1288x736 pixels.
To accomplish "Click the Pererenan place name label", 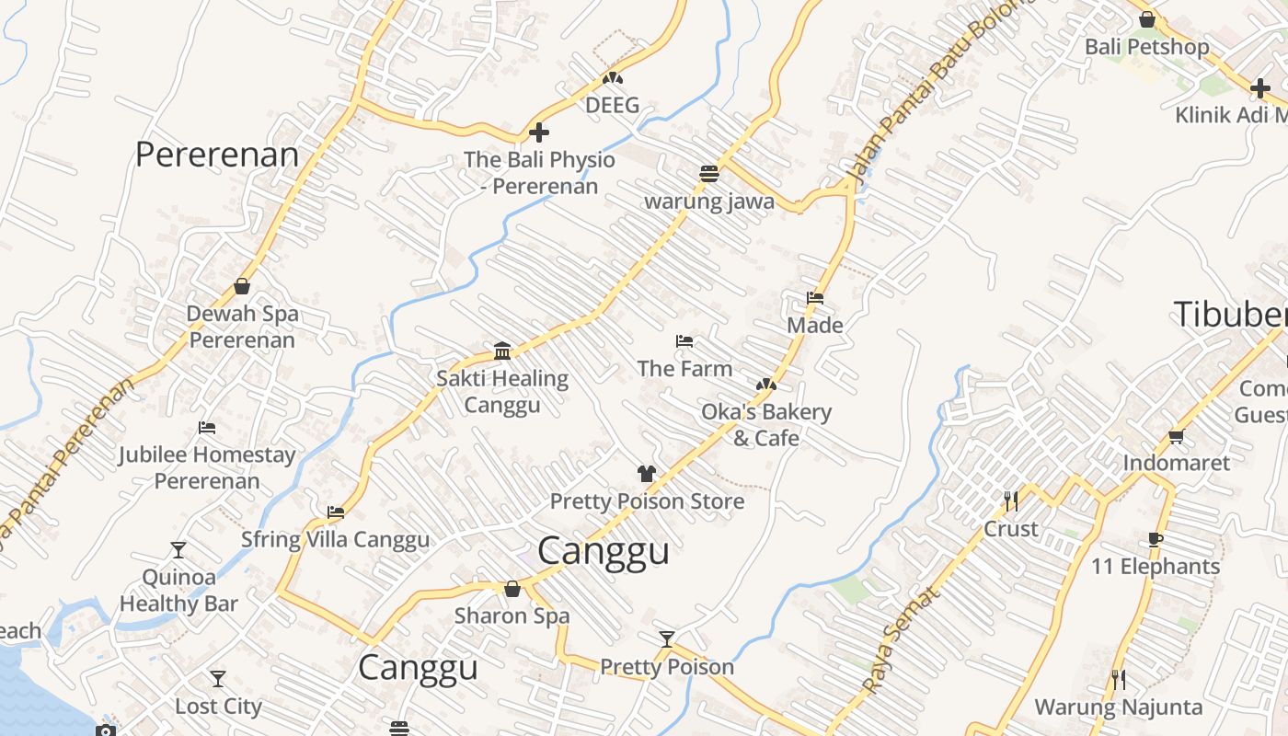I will pos(217,155).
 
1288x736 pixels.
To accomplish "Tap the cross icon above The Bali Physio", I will pos(539,132).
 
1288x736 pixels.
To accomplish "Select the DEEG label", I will pos(612,105).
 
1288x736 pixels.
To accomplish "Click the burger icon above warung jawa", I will pos(708,173).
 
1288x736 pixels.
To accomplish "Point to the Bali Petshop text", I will pos(1146,46).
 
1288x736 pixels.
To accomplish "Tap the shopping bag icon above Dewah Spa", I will pos(242,286).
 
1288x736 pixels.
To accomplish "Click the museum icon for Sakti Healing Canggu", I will pos(502,351).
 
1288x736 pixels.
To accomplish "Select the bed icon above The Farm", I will pos(684,341).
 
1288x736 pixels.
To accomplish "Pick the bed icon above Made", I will pos(815,298).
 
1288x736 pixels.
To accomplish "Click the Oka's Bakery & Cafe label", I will pos(766,424).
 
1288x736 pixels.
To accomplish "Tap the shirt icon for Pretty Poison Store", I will pos(647,474).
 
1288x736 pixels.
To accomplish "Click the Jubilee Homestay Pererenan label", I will pos(207,467).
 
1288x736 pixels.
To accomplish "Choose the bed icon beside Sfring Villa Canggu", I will pos(336,512).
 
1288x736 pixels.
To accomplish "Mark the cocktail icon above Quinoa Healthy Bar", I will pos(178,550).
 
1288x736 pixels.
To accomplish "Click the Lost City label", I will pos(218,707).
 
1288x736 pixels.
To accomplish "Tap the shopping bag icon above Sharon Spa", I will pos(512,589).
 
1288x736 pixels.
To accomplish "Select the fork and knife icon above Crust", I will pos(1011,501).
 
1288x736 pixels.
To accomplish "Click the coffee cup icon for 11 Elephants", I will pos(1156,540).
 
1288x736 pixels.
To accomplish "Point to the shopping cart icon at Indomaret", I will pos(1176,436).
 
